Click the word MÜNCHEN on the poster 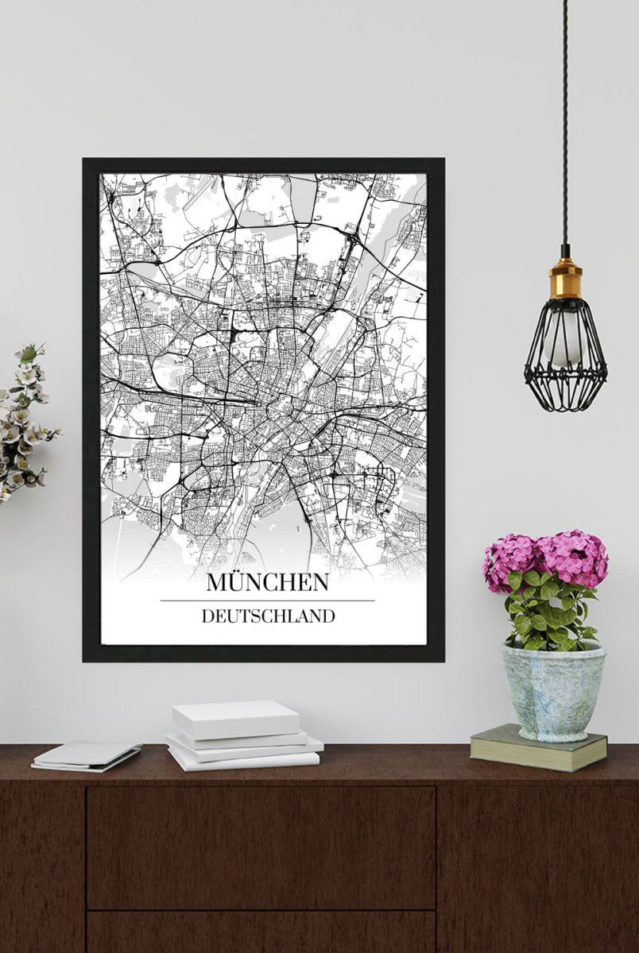tap(267, 582)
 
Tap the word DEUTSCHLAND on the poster tap(268, 616)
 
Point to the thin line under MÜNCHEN tap(267, 600)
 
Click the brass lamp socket tap(565, 278)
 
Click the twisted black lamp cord tap(565, 119)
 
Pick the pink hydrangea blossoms tap(548, 556)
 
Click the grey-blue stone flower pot tap(552, 691)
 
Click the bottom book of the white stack tap(243, 760)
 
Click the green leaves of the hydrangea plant tap(548, 612)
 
